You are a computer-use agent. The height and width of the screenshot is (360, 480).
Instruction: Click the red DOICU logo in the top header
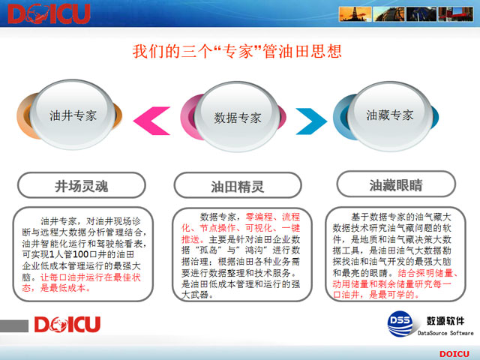click(49, 13)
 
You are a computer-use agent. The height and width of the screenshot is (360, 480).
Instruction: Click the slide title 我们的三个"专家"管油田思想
click(237, 51)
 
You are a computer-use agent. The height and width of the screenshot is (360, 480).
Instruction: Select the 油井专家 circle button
click(73, 115)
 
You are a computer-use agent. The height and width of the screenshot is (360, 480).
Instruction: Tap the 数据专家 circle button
click(238, 117)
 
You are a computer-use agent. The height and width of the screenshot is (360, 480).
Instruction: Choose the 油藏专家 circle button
click(390, 115)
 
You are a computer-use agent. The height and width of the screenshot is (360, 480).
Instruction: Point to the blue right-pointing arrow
click(312, 121)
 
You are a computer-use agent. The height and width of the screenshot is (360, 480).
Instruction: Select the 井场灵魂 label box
click(82, 185)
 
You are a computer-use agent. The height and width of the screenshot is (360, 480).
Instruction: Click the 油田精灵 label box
click(238, 186)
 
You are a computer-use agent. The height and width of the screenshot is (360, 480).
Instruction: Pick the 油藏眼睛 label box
click(396, 184)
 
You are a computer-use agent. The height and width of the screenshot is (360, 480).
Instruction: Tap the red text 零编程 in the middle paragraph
click(259, 217)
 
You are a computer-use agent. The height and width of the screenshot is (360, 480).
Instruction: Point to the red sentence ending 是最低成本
click(63, 288)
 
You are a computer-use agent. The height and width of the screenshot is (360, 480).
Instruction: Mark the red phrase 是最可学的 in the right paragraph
click(394, 295)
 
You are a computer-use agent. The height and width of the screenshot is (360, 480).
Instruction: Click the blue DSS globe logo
click(400, 323)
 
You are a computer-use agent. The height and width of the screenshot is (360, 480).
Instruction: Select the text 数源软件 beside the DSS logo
click(445, 321)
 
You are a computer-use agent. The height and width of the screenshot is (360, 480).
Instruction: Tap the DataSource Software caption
click(445, 333)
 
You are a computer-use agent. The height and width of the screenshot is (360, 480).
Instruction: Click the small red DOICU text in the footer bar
click(454, 354)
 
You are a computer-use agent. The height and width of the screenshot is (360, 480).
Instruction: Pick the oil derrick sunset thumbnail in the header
click(355, 13)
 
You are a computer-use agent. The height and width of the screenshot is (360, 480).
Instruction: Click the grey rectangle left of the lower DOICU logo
click(14, 325)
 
